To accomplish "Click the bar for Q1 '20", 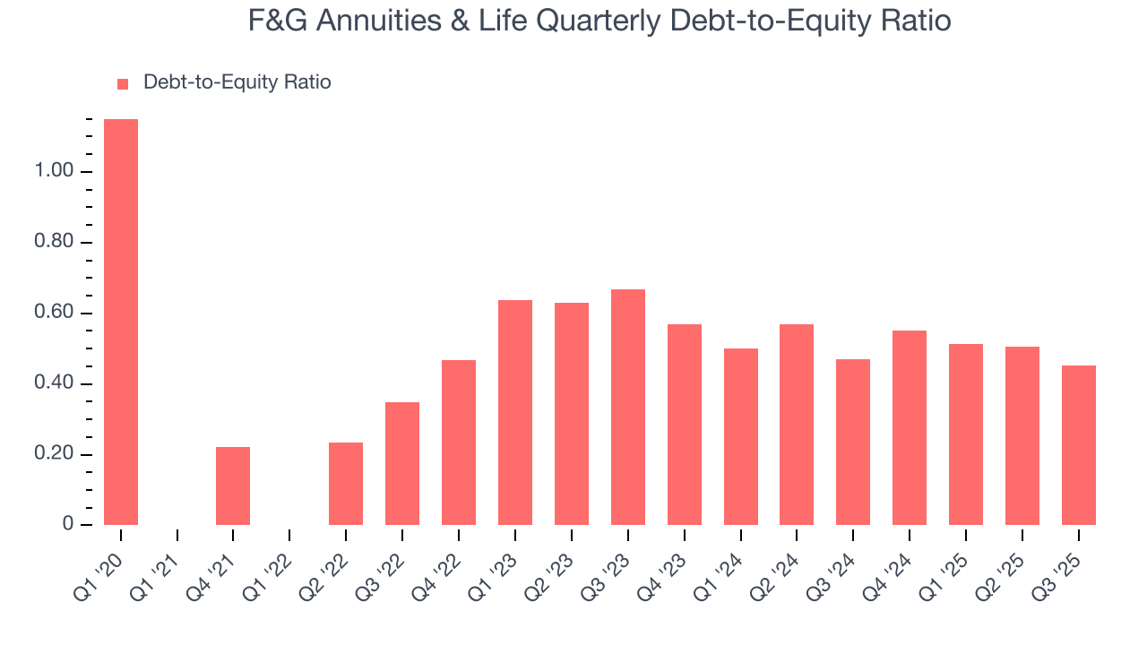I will pyautogui.click(x=121, y=322).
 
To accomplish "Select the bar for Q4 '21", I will pyautogui.click(x=233, y=486).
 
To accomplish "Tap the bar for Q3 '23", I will pyautogui.click(x=628, y=407).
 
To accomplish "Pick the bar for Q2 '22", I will pyautogui.click(x=346, y=484).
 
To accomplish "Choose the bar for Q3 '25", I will pyautogui.click(x=1079, y=445).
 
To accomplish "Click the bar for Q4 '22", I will pyautogui.click(x=459, y=443).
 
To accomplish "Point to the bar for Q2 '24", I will pyautogui.click(x=797, y=425).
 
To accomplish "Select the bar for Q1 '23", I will pyautogui.click(x=515, y=412).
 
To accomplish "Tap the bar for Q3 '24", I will pyautogui.click(x=853, y=442).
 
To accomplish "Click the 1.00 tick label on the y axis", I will pyautogui.click(x=53, y=172).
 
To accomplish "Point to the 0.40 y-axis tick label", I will pyautogui.click(x=53, y=384).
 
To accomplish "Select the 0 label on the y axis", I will pyautogui.click(x=68, y=525).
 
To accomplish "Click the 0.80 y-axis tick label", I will pyautogui.click(x=53, y=243).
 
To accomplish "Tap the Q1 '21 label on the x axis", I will pyautogui.click(x=159, y=566).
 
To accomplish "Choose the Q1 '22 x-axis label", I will pyautogui.click(x=272, y=566).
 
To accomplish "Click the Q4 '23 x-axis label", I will pyautogui.click(x=666, y=566).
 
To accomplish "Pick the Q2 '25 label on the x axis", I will pyautogui.click(x=1004, y=566).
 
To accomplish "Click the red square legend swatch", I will pyautogui.click(x=124, y=83).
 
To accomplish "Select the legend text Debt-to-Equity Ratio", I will pyautogui.click(x=237, y=82).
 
